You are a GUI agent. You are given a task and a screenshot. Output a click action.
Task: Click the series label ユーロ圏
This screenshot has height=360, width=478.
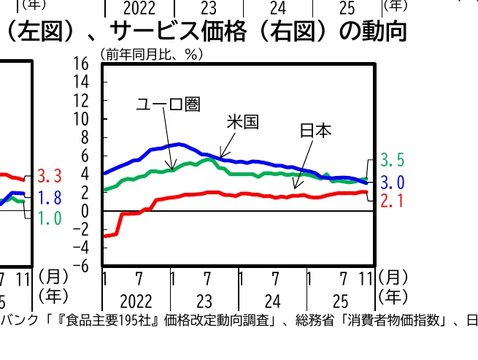[168, 104]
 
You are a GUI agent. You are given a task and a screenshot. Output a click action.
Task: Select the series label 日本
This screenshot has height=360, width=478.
[315, 131]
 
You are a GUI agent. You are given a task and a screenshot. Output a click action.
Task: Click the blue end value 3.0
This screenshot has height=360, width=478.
[393, 182]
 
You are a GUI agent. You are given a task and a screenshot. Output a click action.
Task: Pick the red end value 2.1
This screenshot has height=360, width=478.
[393, 201]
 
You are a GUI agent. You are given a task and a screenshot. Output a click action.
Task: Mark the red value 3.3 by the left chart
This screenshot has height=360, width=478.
[49, 176]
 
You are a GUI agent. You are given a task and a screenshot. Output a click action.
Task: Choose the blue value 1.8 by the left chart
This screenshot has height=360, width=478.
[49, 198]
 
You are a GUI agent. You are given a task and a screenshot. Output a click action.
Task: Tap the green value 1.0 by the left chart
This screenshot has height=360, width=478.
[49, 218]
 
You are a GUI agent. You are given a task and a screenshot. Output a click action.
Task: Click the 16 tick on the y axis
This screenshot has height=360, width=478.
[80, 64]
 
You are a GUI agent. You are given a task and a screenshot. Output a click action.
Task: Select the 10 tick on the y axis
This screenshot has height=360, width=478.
[80, 119]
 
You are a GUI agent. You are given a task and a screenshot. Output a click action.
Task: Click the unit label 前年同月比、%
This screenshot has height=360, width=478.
[152, 53]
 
